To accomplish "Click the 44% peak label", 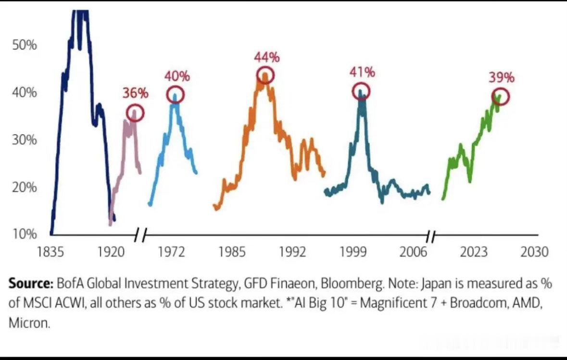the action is tap(267, 57).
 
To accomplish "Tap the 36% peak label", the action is tap(135, 93).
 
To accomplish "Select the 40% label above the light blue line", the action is tap(177, 76).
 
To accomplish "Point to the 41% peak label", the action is tap(362, 72).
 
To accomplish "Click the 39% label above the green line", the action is tap(502, 77).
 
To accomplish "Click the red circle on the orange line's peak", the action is tap(265, 67).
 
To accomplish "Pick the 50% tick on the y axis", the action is tap(25, 45).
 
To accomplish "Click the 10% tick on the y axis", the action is tap(25, 234).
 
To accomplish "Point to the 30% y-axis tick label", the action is tap(25, 139).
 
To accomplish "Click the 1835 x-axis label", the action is tap(50, 251).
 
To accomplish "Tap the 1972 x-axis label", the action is tap(171, 251).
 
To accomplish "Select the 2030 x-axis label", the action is tap(534, 251).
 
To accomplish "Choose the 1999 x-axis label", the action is tap(353, 251).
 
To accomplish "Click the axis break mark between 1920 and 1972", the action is tap(140, 236).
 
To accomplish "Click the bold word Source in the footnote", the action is tap(31, 284).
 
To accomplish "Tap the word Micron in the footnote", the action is tap(29, 323).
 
